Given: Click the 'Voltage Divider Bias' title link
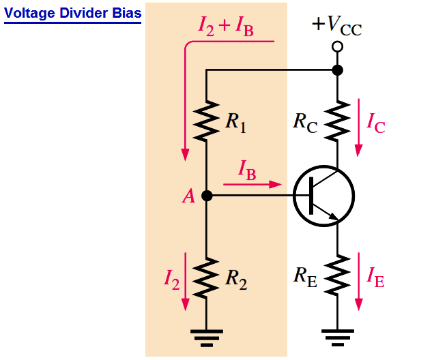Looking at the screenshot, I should [x=73, y=13].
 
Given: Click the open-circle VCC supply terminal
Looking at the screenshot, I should [x=336, y=46].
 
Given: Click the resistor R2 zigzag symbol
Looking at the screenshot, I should [x=207, y=277].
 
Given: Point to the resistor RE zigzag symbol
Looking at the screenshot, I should [x=337, y=275].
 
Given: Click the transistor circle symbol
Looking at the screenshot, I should [x=323, y=196].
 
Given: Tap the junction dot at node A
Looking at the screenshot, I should [x=207, y=196].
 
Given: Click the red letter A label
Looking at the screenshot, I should [x=188, y=197].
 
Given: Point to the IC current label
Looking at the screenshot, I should [x=376, y=123].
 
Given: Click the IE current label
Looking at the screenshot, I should [x=375, y=276].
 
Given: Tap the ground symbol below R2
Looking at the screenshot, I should [x=207, y=335].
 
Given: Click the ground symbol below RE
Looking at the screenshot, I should [x=337, y=335].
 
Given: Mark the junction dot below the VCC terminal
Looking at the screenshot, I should [x=336, y=70].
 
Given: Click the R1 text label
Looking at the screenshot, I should [x=235, y=122].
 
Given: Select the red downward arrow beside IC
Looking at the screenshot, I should [x=358, y=126].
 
